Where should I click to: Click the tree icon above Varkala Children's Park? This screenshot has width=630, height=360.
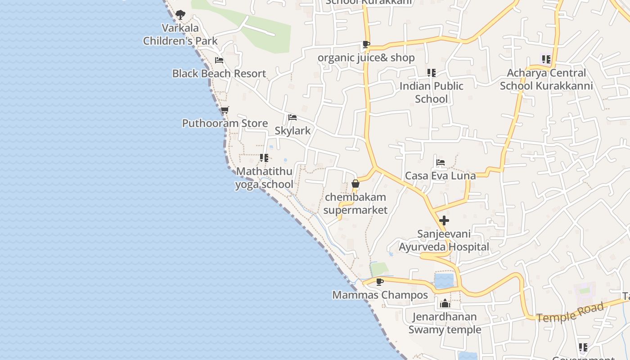pyautogui.click(x=180, y=15)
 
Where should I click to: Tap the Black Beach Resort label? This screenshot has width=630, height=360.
pyautogui.click(x=219, y=73)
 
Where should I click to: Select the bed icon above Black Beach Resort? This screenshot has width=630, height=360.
pyautogui.click(x=219, y=60)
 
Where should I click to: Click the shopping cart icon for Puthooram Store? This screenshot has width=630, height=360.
pyautogui.click(x=225, y=110)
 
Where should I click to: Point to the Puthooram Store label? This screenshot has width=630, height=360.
pyautogui.click(x=225, y=123)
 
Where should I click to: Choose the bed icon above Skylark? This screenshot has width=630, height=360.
pyautogui.click(x=292, y=118)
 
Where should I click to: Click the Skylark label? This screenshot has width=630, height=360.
pyautogui.click(x=292, y=131)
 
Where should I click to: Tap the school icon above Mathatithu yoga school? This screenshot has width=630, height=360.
pyautogui.click(x=264, y=158)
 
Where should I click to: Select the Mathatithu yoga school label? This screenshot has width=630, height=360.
pyautogui.click(x=264, y=178)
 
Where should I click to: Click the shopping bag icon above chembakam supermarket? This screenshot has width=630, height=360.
pyautogui.click(x=355, y=184)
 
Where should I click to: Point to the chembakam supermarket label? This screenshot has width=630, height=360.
pyautogui.click(x=355, y=203)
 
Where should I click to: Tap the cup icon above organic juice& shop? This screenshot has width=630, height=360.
pyautogui.click(x=366, y=45)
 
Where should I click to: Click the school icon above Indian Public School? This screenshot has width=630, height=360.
pyautogui.click(x=431, y=72)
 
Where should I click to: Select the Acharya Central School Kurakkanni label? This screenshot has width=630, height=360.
pyautogui.click(x=546, y=79)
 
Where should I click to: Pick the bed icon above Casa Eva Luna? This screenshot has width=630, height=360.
pyautogui.click(x=441, y=162)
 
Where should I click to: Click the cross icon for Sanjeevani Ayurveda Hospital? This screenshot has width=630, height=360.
pyautogui.click(x=444, y=220)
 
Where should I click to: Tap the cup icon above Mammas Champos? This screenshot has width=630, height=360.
pyautogui.click(x=380, y=282)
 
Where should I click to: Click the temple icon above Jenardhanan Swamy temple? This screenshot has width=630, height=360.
pyautogui.click(x=445, y=303)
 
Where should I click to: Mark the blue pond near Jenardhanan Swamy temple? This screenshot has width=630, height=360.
pyautogui.click(x=444, y=281)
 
